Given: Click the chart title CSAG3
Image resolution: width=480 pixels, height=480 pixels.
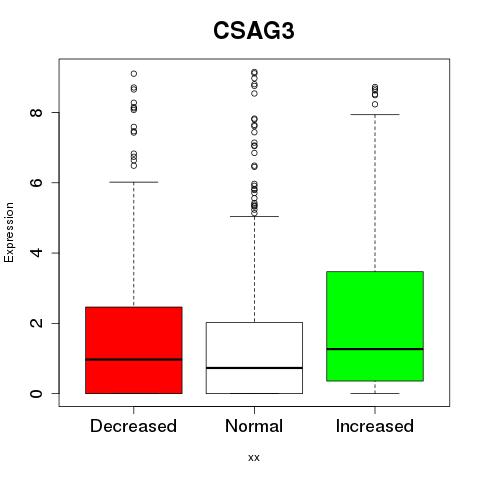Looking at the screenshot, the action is click(254, 31).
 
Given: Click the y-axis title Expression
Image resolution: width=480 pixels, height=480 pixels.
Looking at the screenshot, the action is click(9, 232).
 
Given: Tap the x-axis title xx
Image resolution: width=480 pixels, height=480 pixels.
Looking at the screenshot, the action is click(254, 457).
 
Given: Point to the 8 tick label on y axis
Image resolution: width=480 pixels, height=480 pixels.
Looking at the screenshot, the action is click(36, 112).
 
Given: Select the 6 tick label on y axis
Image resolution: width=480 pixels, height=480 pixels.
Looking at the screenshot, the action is click(36, 182).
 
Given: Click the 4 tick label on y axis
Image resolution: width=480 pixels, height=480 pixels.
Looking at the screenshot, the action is click(36, 253).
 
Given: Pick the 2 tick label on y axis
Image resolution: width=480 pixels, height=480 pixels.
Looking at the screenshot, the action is click(36, 323).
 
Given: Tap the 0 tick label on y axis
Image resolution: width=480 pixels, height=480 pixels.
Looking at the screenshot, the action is click(36, 393).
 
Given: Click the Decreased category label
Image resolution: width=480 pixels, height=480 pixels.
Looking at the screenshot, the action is click(133, 426).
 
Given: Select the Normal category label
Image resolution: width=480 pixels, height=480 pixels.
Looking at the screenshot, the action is click(254, 426).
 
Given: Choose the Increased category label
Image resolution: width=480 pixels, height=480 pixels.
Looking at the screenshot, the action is click(375, 426).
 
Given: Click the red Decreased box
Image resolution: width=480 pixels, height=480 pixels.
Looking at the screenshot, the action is click(134, 350).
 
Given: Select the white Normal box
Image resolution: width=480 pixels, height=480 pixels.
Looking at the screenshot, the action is click(254, 358).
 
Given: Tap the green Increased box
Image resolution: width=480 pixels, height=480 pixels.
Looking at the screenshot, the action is click(375, 326).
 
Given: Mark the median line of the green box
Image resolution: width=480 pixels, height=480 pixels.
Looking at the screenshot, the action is click(375, 349).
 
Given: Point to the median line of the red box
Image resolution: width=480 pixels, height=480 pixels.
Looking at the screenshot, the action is click(134, 359).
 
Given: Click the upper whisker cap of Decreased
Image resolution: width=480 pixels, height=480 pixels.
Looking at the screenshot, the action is click(134, 182).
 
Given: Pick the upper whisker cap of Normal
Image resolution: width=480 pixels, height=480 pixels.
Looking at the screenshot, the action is click(254, 216).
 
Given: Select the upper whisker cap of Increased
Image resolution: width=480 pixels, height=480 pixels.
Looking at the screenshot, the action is click(375, 114).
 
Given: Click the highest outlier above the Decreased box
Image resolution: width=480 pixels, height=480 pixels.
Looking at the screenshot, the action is click(134, 74).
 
